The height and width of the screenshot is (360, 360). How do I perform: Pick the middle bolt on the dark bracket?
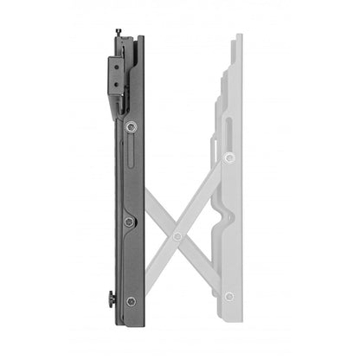click(x=129, y=222)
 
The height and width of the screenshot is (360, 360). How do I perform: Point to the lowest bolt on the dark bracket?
click(x=130, y=300)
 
